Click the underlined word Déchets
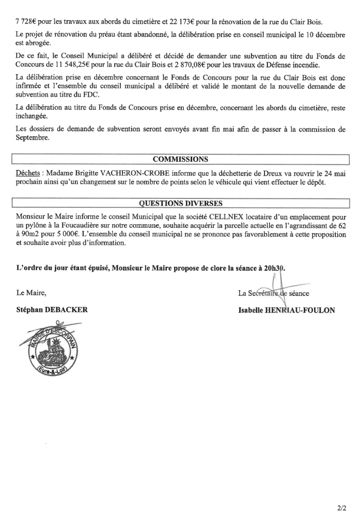click(28, 171)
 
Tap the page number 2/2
click(341, 508)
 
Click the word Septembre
click(33, 138)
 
